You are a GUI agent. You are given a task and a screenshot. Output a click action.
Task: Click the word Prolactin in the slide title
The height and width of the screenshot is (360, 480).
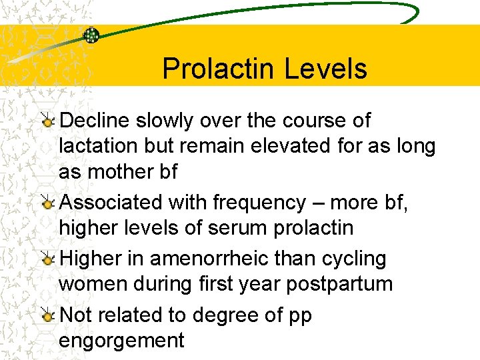pos(214,69)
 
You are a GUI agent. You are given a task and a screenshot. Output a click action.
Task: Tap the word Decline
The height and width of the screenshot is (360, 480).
pos(94,121)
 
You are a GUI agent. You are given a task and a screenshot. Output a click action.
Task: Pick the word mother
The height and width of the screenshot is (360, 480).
pos(121,171)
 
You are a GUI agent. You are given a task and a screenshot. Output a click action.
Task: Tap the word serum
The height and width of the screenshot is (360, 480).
pos(239,227)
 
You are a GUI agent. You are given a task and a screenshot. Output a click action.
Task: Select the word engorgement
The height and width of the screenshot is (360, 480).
pos(121,341)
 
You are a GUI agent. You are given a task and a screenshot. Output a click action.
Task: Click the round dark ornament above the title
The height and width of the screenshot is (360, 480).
pos(91,35)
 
